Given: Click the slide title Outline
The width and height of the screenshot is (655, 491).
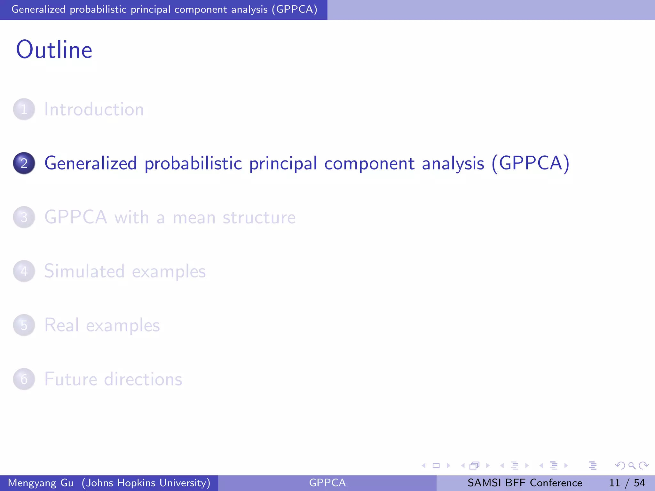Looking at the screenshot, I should point(54,50).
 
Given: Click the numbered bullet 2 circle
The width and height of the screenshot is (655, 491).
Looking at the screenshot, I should point(24,163).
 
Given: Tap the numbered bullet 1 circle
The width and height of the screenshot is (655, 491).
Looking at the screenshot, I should point(24,109).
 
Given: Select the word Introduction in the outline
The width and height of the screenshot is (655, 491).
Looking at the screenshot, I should point(94,109).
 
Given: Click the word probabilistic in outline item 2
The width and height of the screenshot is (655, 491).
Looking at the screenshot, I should point(193,163).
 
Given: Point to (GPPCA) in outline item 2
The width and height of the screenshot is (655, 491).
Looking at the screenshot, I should point(530,163).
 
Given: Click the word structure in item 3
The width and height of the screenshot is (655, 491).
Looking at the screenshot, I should point(259,217).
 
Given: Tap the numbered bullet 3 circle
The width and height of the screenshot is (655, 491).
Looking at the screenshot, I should point(24,217).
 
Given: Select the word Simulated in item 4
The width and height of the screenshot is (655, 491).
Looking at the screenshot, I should point(84,271).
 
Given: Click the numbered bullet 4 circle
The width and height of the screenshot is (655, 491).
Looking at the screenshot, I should point(24,271).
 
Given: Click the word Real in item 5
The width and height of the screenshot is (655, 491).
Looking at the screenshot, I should point(61,325).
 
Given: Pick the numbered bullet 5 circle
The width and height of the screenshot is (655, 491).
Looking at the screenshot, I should point(24,325).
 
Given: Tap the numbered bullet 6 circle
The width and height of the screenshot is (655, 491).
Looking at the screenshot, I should point(24,379).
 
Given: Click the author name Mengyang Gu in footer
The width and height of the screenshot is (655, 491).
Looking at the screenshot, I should point(41,483).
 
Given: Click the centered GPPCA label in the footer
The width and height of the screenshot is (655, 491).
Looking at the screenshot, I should point(327,483).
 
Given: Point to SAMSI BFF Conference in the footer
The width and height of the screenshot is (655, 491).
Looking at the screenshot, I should point(525,483).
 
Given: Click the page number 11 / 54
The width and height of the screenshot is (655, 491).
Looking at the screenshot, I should point(627,483).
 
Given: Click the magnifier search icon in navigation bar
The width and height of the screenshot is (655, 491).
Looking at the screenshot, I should point(632,466).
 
